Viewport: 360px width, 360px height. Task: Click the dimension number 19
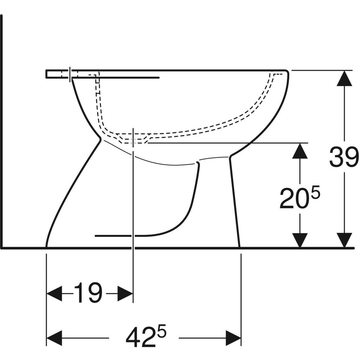click(88, 293)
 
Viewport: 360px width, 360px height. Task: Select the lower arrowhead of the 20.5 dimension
click(300, 240)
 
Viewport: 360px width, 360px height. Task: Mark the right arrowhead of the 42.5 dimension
click(233, 338)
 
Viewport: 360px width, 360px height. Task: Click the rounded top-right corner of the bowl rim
click(287, 72)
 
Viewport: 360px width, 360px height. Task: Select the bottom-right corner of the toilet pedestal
click(239, 246)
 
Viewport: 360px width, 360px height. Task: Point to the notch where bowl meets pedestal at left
click(101, 139)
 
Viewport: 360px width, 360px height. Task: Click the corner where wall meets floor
click(2, 247)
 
